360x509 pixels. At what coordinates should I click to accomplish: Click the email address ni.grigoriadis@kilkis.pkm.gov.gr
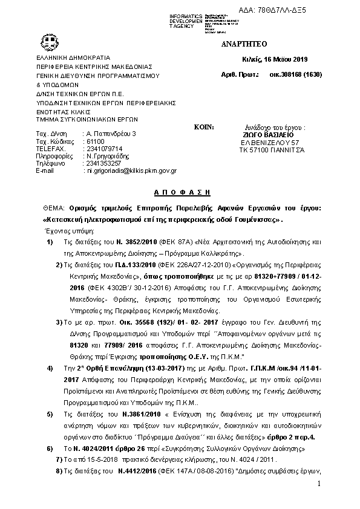pyautogui.click(x=129, y=171)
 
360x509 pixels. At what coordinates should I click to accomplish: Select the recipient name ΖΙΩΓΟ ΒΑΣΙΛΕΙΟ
pyautogui.click(x=271, y=135)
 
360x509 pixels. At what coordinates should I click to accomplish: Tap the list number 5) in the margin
pyautogui.click(x=50, y=432)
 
